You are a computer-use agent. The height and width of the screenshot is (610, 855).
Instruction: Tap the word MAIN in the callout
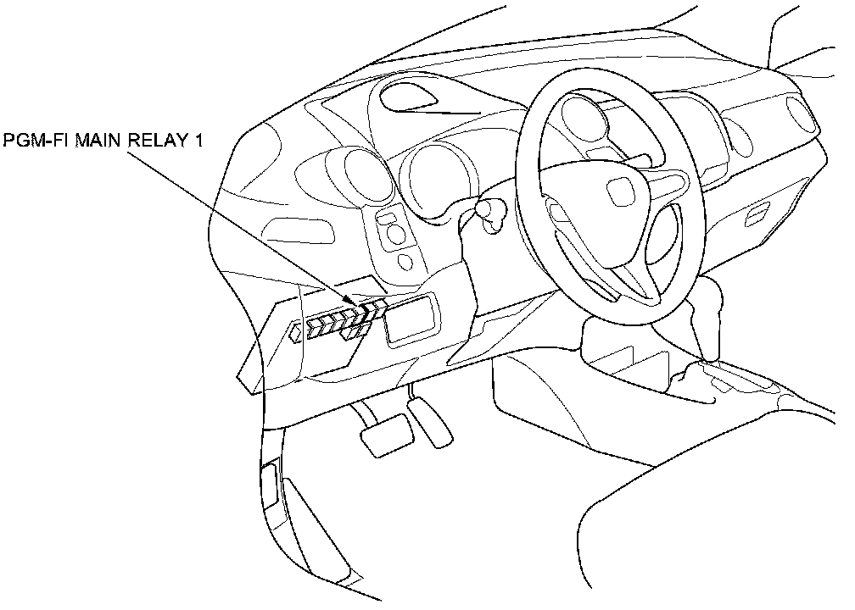[x=100, y=141]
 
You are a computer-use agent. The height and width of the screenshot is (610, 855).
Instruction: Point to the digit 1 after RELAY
[x=199, y=141]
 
